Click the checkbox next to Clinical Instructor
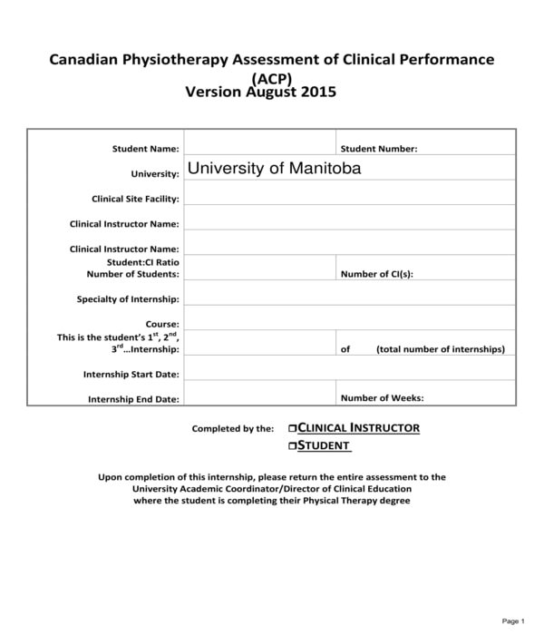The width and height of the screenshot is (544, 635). pos(292,428)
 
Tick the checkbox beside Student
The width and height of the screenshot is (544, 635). pos(292,445)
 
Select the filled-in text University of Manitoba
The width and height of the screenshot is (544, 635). pos(273,169)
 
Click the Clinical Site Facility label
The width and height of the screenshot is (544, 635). pos(135,199)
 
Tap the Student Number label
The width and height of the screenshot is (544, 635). pos(378,149)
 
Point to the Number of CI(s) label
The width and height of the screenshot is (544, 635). pos(376,274)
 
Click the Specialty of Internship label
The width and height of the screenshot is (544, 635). pos(128,298)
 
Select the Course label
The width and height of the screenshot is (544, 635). pos(162,324)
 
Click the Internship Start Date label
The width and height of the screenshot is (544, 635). pos(131,374)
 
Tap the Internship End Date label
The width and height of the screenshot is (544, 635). pos(133,399)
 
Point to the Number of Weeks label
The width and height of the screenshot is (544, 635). pos(382,397)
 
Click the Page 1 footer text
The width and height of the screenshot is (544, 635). pos(512,620)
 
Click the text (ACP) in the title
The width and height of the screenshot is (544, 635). pos(272,77)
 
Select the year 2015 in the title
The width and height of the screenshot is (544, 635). pos(318,92)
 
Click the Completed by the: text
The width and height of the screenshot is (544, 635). pos(232,429)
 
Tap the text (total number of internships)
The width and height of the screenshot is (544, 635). pos(441,349)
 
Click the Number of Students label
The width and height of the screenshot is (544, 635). pos(132,273)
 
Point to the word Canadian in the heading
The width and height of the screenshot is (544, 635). pos(86,60)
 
